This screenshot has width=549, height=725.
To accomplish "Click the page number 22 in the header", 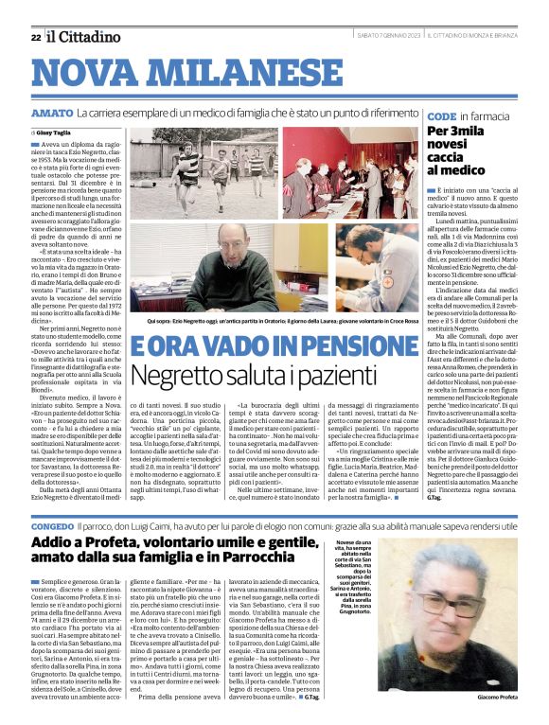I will coord(35,37).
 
